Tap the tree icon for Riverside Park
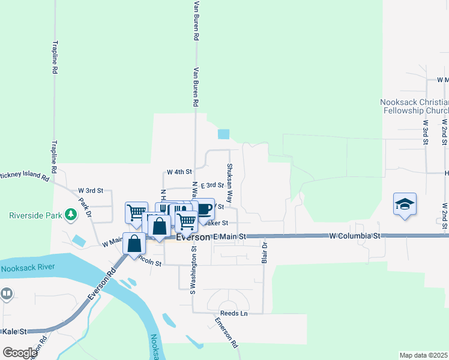tap(71, 214)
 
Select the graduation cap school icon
tap(405, 204)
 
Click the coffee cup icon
tap(204, 209)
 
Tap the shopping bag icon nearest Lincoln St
tap(134, 244)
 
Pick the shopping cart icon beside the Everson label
tap(187, 221)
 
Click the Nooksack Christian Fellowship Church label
tap(415, 106)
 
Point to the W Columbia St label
tap(355, 236)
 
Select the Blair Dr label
tap(264, 253)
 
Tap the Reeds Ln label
tap(234, 313)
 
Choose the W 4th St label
tap(179, 172)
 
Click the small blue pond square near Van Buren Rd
tap(223, 134)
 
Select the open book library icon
tap(6, 294)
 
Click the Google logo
tap(20, 353)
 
